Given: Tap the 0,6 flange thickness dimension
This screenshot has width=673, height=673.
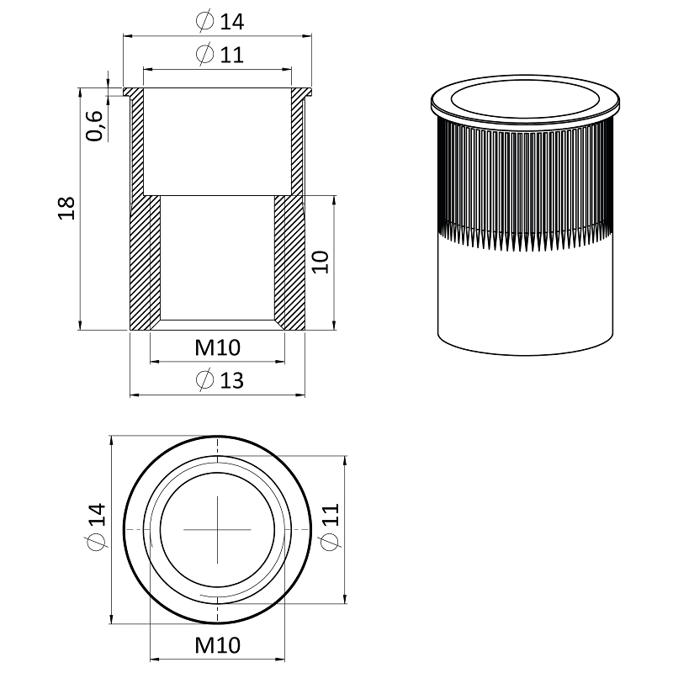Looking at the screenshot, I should [x=95, y=125].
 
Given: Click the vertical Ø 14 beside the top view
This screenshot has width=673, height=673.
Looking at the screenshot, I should [x=95, y=527].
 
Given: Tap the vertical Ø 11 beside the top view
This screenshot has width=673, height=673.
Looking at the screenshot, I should [x=330, y=527].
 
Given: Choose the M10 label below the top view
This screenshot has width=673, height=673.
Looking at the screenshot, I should [x=217, y=645].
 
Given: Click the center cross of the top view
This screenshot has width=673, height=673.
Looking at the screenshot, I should [x=218, y=528].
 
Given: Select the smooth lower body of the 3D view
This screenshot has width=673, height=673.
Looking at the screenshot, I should [x=524, y=294].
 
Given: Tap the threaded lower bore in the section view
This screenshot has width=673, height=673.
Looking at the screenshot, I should [x=217, y=261].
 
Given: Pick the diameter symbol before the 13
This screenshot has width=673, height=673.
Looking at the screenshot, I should [x=204, y=380].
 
